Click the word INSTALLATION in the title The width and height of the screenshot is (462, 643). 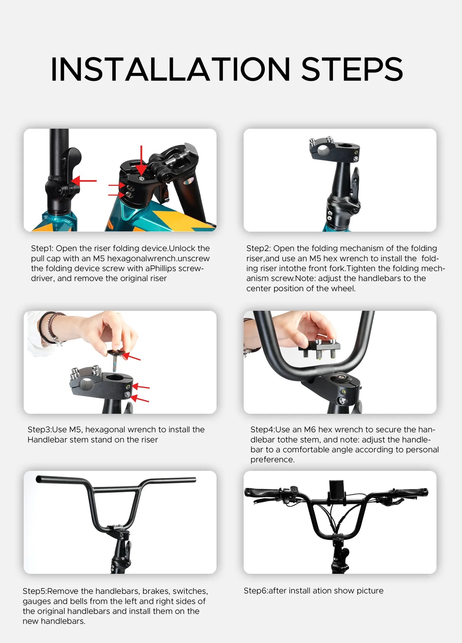[170, 69]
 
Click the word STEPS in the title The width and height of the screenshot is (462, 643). [352, 69]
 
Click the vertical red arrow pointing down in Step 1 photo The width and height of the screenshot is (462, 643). [141, 160]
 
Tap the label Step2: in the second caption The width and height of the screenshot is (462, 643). [258, 248]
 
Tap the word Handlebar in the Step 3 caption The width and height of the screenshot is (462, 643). [47, 440]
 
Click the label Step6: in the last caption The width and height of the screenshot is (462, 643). [255, 591]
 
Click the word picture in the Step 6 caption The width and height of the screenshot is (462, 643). [370, 591]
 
